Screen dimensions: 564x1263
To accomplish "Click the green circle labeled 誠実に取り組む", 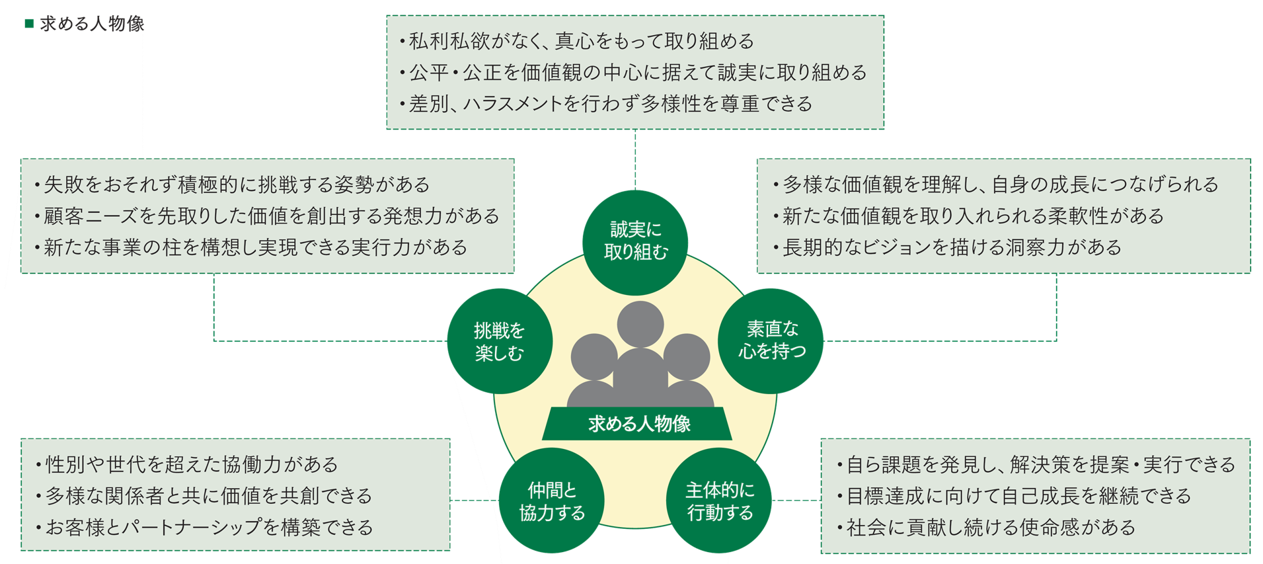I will pos(635,242).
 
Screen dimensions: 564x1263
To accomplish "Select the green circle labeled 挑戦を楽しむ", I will pos(500,341).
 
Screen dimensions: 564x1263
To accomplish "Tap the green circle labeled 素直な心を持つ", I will pos(771,341).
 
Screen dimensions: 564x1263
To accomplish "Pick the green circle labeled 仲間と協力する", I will pos(551,501).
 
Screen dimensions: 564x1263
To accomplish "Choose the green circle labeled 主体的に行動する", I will pos(720,501).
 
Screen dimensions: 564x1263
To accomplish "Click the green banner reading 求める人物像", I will pos(638,424).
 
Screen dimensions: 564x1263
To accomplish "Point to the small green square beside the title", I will pos(28,24).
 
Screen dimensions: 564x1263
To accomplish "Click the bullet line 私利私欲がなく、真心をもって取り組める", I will pos(576,42).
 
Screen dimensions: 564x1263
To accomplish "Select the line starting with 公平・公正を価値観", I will pos(633,73).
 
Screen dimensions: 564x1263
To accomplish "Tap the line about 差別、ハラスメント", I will pos(605,104).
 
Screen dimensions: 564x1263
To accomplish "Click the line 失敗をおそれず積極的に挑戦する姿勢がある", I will pos(233,184).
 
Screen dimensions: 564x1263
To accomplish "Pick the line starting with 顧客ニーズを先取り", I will pos(268,216).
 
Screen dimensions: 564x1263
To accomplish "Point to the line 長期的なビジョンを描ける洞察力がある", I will pos(948,247).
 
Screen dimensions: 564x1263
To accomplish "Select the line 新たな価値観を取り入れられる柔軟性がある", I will pos(969,216).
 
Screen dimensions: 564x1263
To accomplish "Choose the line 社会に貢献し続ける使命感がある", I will pos(987,528).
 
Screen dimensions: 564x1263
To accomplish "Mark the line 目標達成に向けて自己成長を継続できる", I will pos(1014,496).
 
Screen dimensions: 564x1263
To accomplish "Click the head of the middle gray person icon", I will pos(640,324).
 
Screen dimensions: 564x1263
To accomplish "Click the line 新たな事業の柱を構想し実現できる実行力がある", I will pos(252,247).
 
